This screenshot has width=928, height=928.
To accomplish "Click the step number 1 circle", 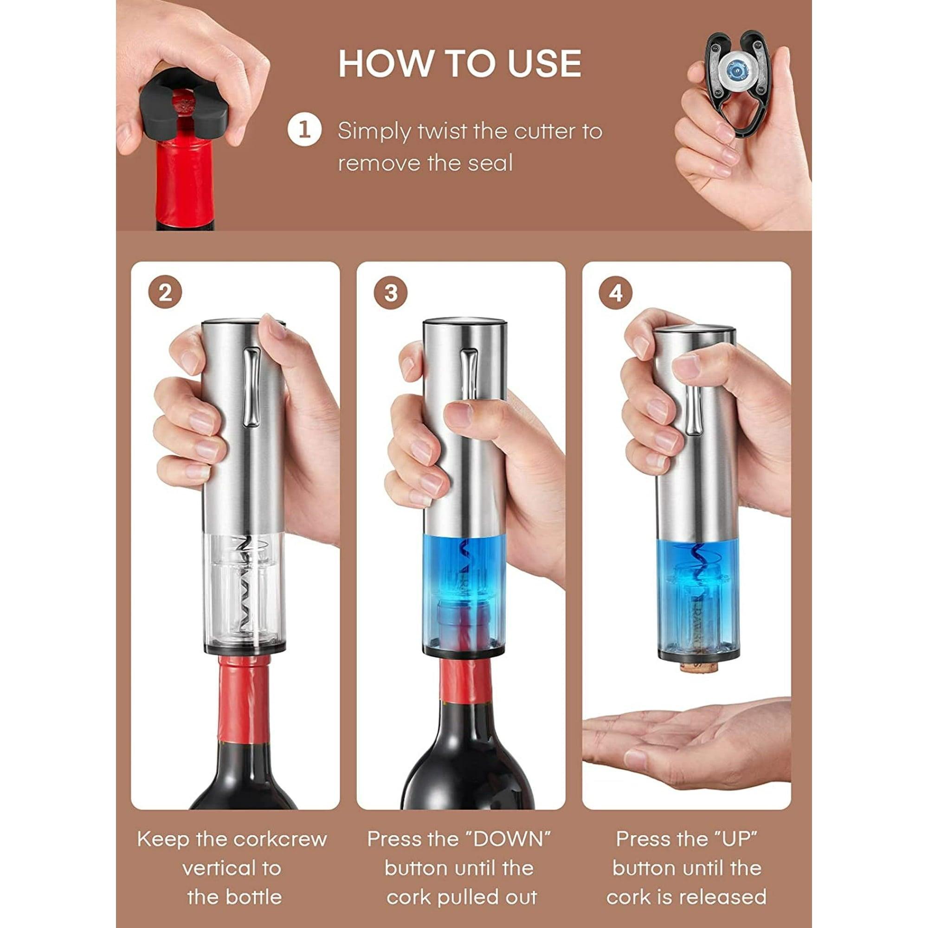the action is coord(304,131).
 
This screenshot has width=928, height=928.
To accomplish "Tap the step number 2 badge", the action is coord(165,293).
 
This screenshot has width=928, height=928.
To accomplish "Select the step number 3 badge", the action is coord(391,293).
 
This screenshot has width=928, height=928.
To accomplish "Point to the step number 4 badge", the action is coord(616,293).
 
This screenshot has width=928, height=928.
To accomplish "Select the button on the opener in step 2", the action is coord(251,387).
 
